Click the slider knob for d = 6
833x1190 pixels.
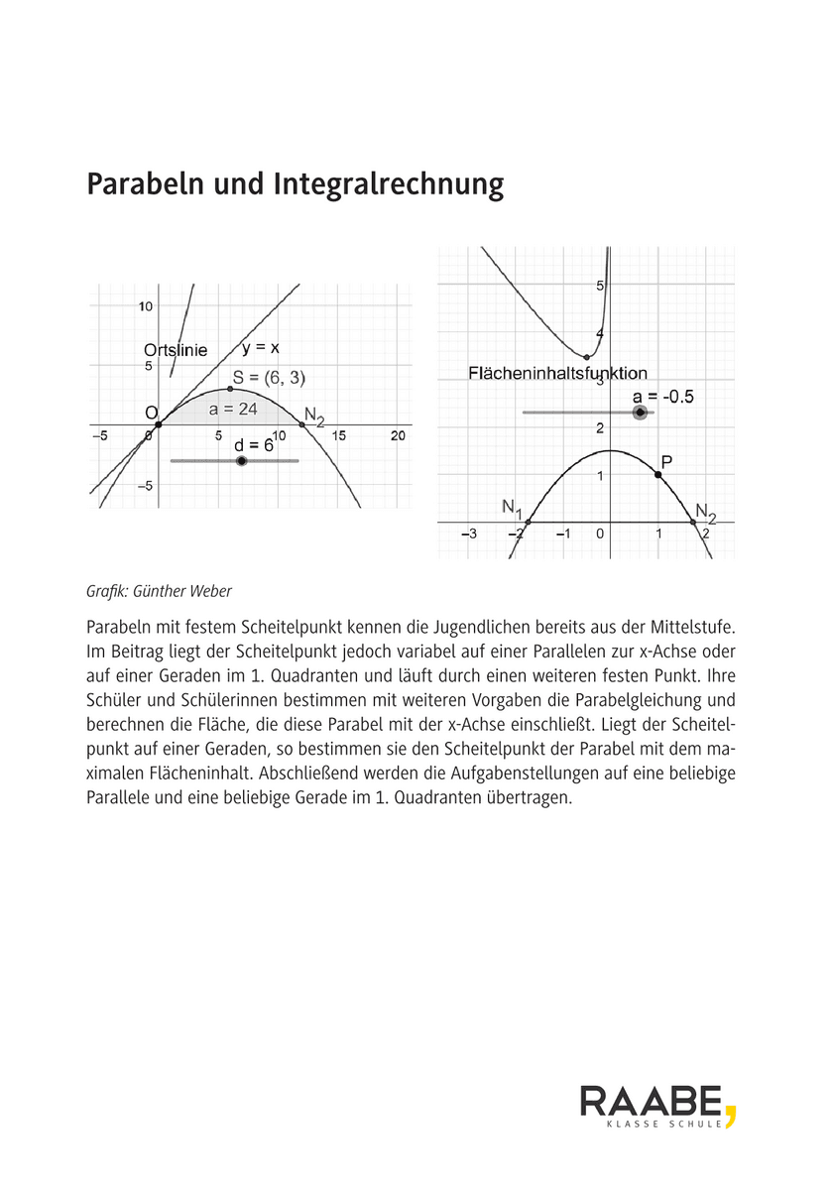tap(241, 461)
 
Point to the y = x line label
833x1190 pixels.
tap(261, 347)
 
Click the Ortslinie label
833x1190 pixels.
tap(176, 350)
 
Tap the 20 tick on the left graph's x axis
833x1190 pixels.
tap(399, 435)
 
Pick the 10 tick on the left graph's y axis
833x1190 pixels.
tap(145, 306)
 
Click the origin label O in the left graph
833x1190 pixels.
tap(151, 413)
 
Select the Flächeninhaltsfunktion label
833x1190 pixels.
tap(557, 374)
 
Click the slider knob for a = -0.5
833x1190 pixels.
tap(641, 413)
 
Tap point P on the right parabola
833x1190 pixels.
tap(658, 475)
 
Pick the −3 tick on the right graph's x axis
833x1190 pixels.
tap(469, 534)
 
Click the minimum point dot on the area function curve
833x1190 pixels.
tap(586, 357)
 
